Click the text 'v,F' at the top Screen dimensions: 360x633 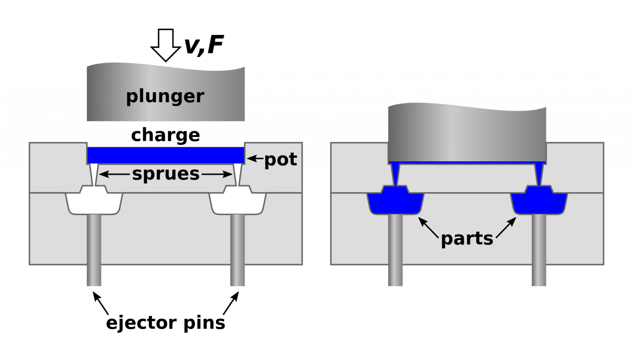pos(204,45)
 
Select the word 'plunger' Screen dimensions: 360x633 pos(165,96)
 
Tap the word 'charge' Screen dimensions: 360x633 pos(166,135)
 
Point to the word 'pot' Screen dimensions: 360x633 pos(281,159)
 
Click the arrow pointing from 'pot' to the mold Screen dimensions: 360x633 pos(255,158)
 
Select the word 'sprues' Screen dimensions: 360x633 pos(166,174)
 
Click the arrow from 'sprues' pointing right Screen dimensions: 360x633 pos(217,175)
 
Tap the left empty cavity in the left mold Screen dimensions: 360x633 pos(94,203)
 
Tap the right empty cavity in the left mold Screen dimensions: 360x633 pos(238,203)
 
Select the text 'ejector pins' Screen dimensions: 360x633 pos(166,323)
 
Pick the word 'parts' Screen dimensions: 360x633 pos(467,239)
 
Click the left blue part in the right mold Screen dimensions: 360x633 pos(396,203)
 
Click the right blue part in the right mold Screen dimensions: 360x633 pos(539,203)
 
